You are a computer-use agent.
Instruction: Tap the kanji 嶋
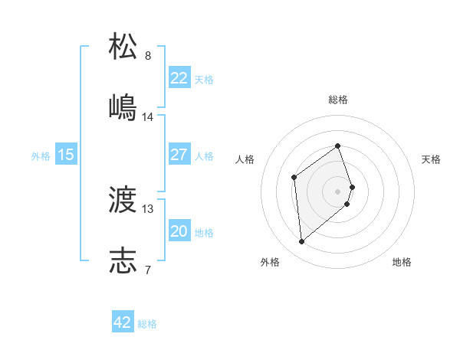coord(123,106)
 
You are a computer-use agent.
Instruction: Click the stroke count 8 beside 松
coord(148,56)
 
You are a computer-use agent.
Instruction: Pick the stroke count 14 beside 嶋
coord(148,117)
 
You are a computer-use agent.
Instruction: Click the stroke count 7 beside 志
coord(148,270)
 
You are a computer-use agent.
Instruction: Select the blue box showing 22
coord(179,78)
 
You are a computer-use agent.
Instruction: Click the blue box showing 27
coord(179,155)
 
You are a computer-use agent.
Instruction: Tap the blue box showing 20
coord(179,231)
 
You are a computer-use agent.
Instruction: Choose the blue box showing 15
coord(66,155)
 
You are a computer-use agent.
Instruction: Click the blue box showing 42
coord(123,322)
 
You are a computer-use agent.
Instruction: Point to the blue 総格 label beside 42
coord(147,324)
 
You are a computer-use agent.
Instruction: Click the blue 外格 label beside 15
coord(41,156)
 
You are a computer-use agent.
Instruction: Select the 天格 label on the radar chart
coord(431,159)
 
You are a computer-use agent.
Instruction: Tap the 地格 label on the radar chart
coord(402,262)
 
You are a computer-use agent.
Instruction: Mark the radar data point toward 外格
coord(301,242)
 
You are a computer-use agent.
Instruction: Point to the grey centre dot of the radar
coord(337,190)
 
